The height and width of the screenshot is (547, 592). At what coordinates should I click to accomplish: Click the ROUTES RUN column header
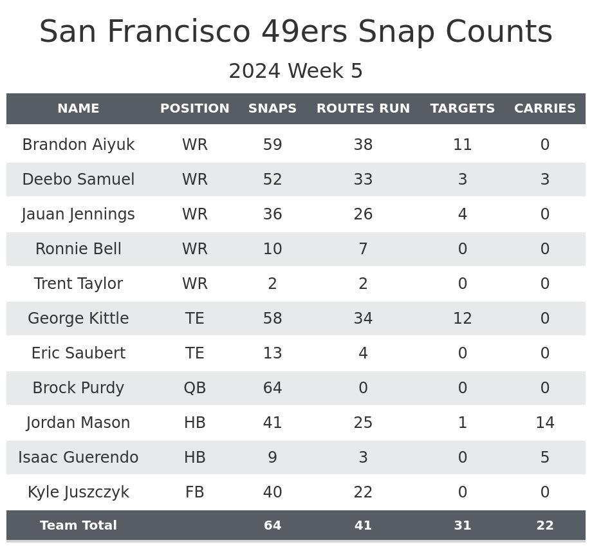[363, 109]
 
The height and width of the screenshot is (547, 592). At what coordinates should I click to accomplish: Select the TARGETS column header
[463, 109]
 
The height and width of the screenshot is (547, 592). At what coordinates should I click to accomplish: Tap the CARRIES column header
[544, 109]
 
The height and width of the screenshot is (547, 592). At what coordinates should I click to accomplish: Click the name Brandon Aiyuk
[79, 145]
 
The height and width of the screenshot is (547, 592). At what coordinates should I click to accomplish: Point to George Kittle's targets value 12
[463, 319]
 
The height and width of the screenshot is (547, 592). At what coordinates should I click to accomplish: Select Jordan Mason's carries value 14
[544, 423]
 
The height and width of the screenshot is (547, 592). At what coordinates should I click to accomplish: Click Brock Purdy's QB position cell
[195, 388]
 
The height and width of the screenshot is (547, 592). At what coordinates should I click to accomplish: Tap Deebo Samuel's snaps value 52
[272, 180]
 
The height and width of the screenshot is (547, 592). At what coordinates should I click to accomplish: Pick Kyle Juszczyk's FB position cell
[195, 492]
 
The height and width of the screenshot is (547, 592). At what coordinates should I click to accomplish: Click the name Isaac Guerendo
[79, 458]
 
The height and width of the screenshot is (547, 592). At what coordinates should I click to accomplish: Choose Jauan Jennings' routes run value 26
[363, 214]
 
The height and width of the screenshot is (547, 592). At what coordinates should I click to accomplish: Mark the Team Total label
[79, 526]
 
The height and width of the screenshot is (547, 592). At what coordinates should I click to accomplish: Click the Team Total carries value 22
[544, 526]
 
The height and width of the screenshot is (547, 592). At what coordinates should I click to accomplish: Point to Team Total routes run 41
[363, 526]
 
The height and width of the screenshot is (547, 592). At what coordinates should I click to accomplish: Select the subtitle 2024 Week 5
[296, 71]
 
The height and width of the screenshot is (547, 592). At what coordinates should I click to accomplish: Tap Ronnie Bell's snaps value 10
[272, 249]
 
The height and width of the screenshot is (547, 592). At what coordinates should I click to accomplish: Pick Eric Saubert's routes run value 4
[363, 353]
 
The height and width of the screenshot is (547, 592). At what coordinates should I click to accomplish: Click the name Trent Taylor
[79, 284]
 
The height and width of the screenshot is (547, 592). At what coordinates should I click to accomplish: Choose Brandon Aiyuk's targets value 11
[463, 145]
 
